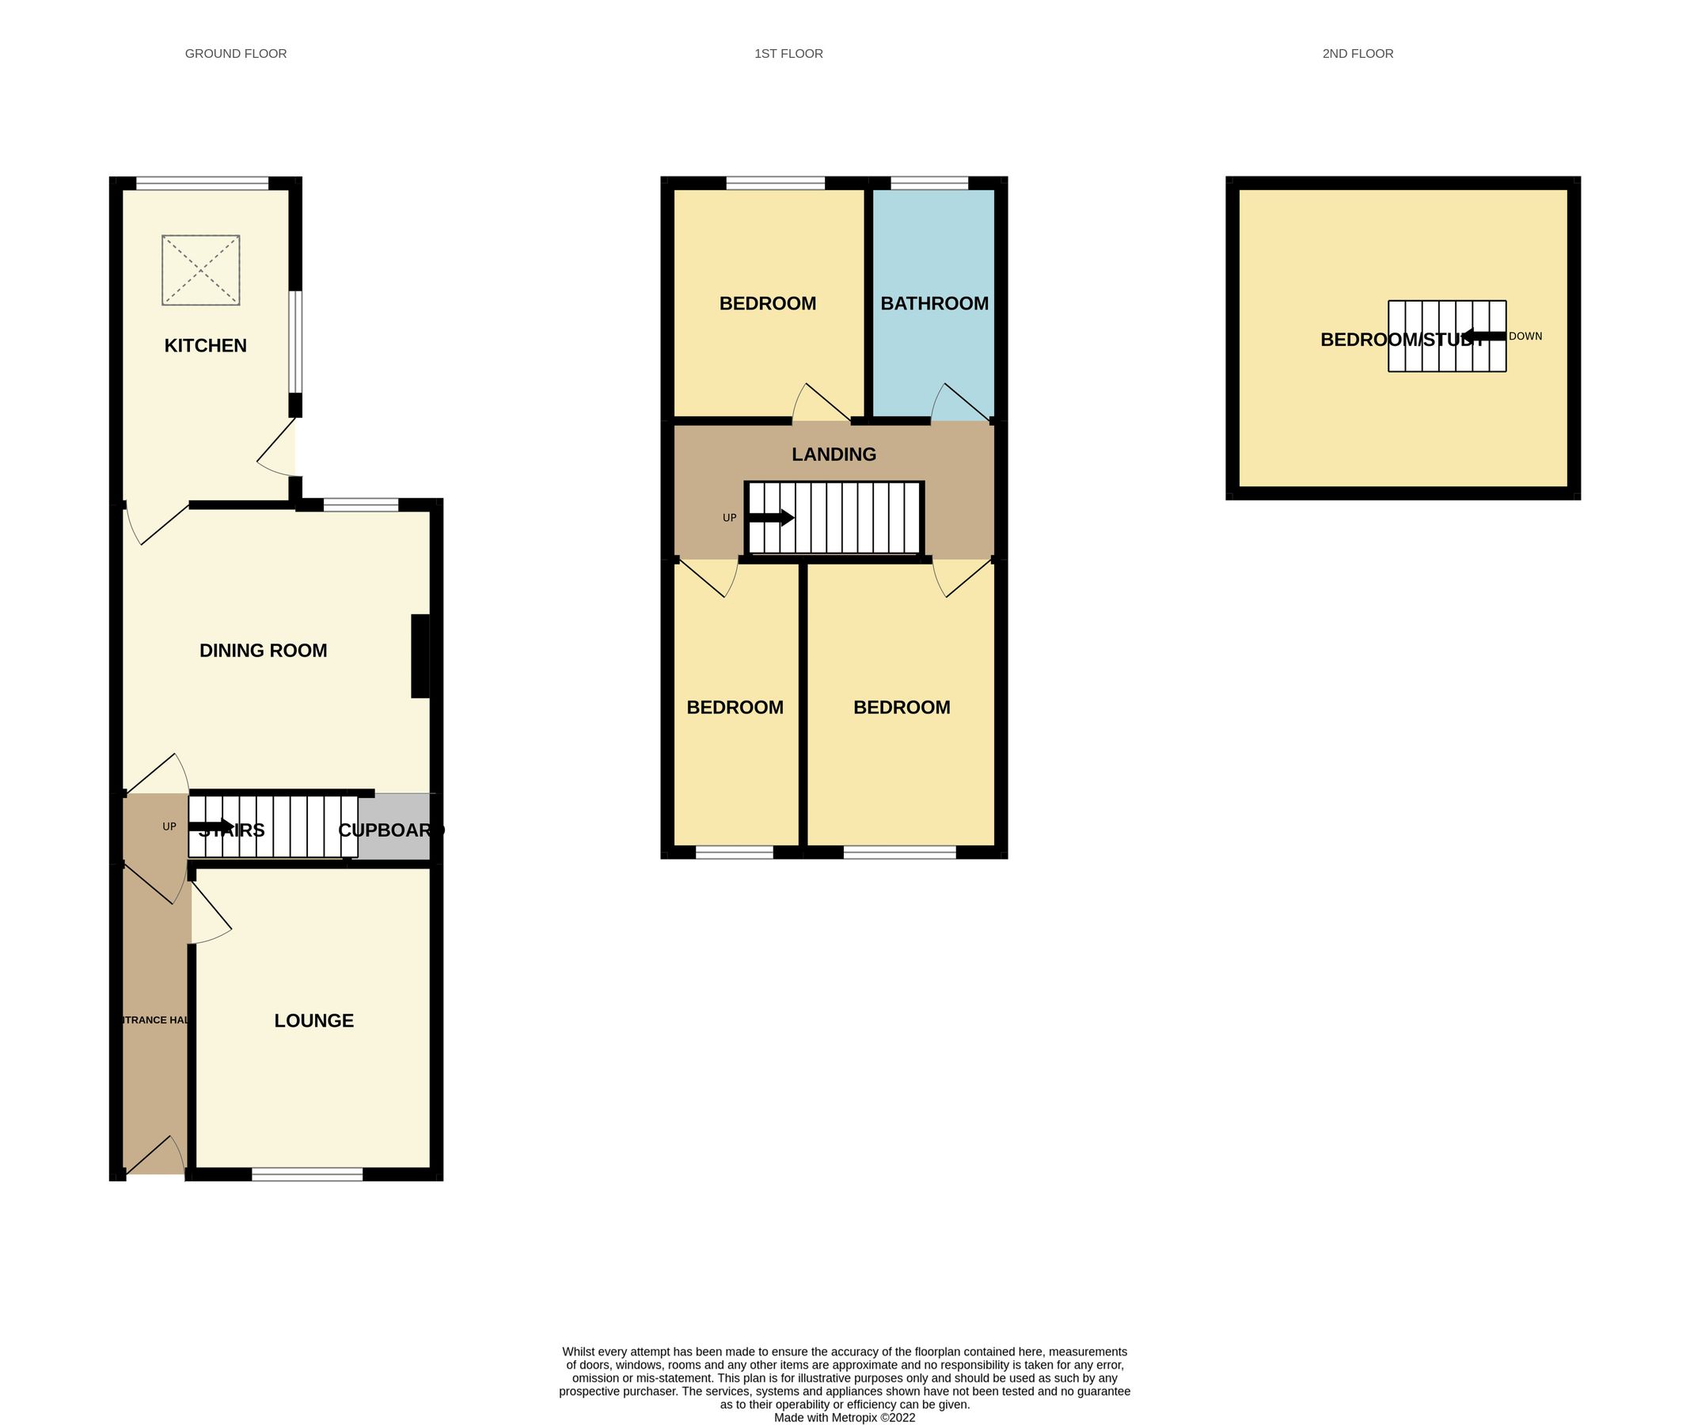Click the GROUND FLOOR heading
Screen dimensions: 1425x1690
tap(236, 54)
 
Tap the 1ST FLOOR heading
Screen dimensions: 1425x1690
tap(788, 54)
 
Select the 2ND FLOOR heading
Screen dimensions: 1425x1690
tap(1358, 54)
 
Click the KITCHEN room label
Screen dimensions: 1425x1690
tap(205, 346)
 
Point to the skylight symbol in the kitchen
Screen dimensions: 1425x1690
tap(201, 270)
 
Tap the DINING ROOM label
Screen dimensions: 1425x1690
tap(264, 650)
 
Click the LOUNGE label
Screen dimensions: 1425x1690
tap(313, 1020)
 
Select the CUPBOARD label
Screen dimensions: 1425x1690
tap(391, 830)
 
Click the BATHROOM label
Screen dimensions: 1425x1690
tap(934, 304)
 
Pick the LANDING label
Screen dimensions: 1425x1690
tap(834, 454)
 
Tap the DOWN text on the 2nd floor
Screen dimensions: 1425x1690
tap(1525, 336)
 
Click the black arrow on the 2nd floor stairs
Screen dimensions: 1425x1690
tap(1484, 336)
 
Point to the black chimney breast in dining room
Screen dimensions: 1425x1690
tap(420, 656)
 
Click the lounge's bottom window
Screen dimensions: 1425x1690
tap(307, 1175)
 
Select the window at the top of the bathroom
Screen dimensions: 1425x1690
tap(929, 184)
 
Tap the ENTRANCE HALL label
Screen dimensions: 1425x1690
tap(154, 1020)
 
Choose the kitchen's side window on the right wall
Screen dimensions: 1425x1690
tap(296, 342)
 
